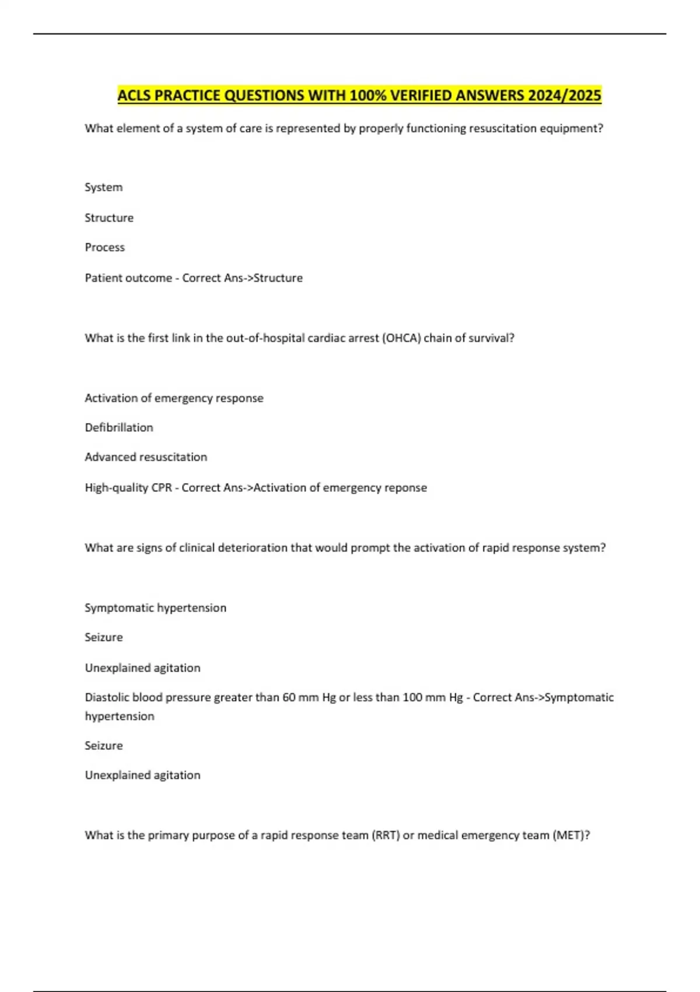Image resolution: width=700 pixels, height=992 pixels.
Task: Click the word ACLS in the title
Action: coord(135,95)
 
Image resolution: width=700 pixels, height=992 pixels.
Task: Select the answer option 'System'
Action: coord(104,187)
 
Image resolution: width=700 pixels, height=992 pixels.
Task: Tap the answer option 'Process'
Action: coord(105,247)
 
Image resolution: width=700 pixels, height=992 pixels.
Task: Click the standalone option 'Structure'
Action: coord(109,218)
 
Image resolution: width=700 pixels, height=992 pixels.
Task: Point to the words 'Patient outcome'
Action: coord(128,278)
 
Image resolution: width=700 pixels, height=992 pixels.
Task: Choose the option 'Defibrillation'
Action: coord(119,428)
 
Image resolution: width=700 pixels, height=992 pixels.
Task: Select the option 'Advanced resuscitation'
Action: coord(146,457)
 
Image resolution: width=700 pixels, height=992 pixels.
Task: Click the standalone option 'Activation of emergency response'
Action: coord(174,398)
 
